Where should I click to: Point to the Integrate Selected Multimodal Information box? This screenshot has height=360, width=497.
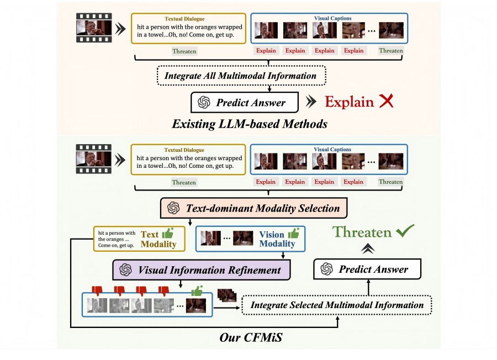pos(337,305)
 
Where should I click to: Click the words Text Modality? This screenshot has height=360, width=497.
pos(158,239)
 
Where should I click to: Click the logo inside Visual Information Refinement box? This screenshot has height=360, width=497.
pos(126,270)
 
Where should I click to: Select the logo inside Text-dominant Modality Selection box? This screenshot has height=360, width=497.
pos(173,208)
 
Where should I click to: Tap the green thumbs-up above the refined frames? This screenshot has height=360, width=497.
pos(196,290)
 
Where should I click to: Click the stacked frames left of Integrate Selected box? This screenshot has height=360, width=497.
pos(226,297)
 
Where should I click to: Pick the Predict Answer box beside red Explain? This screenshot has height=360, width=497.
pos(244,102)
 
